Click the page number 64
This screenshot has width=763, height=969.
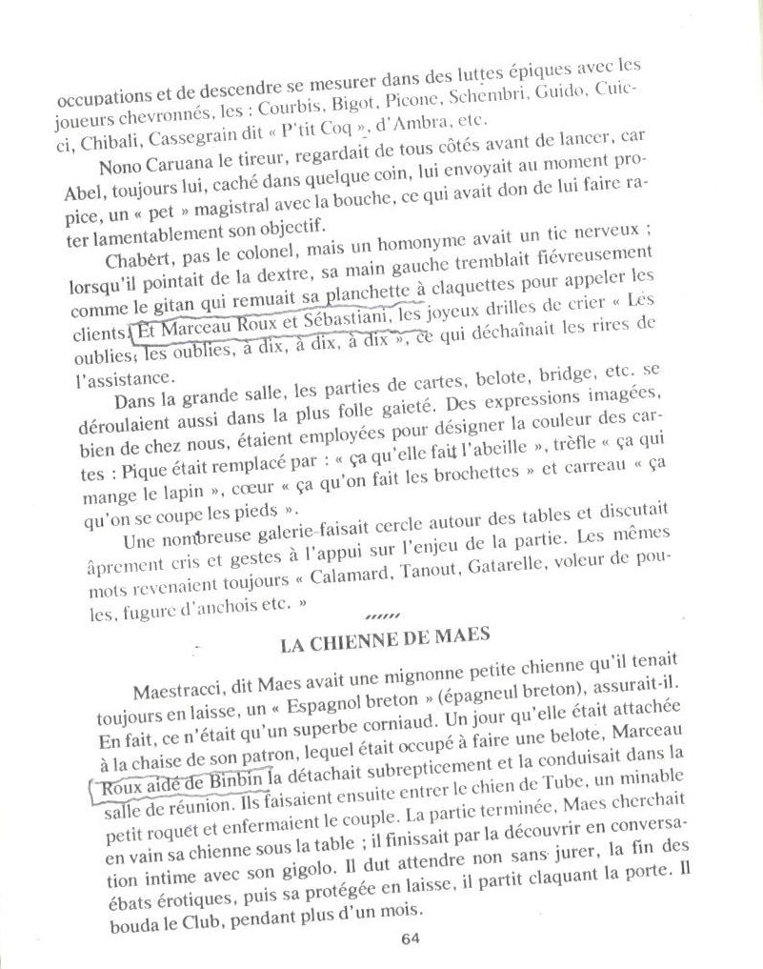pos(411,937)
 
